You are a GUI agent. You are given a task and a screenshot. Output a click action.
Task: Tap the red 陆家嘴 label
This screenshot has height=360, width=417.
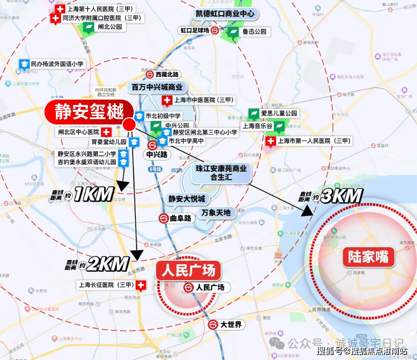[x=368, y=257]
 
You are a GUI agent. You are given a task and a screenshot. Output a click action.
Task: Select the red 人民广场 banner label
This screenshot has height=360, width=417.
[x=188, y=270]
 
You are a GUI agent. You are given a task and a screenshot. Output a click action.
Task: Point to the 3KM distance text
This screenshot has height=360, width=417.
[x=341, y=197]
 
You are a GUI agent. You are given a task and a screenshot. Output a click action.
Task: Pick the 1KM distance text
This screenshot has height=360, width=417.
[x=94, y=194]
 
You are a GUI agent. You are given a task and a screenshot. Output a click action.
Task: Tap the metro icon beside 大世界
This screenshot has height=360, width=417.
[x=213, y=324]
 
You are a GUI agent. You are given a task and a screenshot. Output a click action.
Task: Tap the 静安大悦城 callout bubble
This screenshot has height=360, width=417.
[x=187, y=199]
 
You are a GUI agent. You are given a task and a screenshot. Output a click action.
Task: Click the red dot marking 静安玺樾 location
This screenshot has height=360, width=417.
[x=129, y=124]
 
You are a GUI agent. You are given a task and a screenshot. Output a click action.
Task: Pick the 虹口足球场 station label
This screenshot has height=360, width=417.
[x=195, y=31]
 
